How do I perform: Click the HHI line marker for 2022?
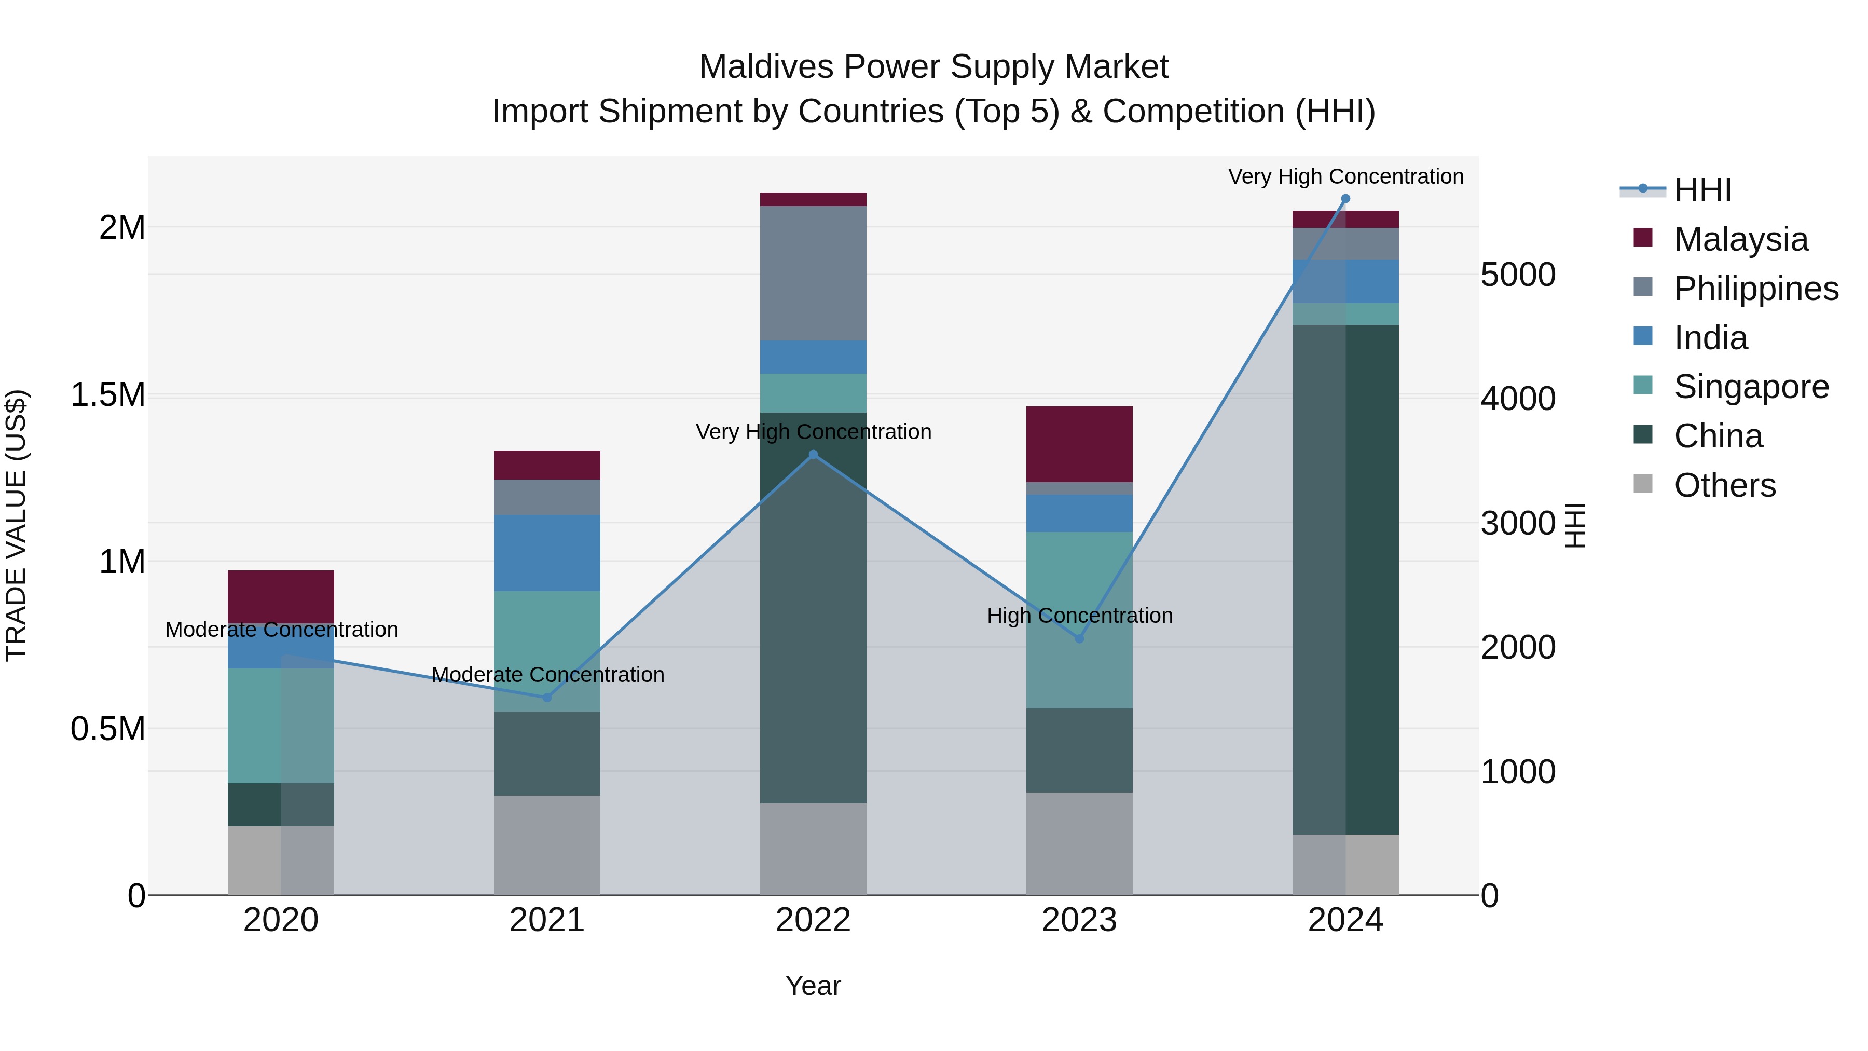(813, 455)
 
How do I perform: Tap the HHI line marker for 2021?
(547, 698)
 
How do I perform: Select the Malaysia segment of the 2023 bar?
(1079, 444)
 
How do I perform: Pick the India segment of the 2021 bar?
(547, 553)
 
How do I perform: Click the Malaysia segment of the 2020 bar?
(281, 596)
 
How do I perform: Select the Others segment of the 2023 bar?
(1079, 843)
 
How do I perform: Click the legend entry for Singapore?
(1751, 387)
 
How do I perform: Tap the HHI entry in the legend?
(1702, 190)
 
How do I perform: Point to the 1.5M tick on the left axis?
(107, 395)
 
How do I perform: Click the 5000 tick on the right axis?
(1518, 275)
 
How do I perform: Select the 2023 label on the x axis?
(1079, 920)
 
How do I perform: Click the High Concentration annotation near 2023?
(1079, 616)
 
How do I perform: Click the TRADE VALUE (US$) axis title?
(16, 525)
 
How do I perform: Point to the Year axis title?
(813, 986)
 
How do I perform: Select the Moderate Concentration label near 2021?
(547, 675)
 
